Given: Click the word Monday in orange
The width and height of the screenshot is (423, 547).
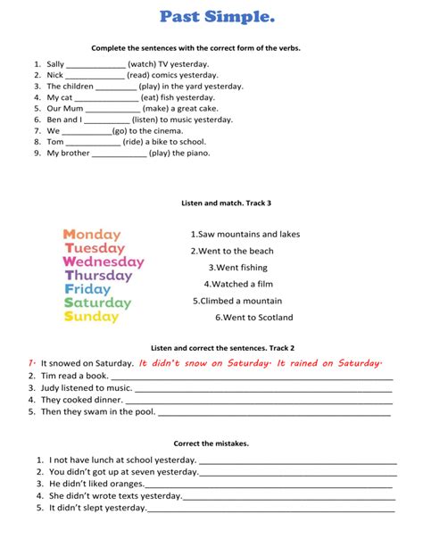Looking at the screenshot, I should point(93,235).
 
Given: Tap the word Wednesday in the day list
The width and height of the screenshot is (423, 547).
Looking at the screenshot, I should point(103,262).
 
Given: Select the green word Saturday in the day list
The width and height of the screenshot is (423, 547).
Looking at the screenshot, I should point(97,303).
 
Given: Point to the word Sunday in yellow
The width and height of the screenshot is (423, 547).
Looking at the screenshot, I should point(91,317).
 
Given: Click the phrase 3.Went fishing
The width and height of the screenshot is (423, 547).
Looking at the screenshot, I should point(237,267).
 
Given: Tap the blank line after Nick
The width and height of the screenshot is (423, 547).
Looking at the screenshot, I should point(95,76).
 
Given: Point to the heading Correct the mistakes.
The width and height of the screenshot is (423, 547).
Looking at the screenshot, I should point(211,443).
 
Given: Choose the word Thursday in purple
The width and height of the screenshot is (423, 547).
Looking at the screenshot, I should point(98,276).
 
